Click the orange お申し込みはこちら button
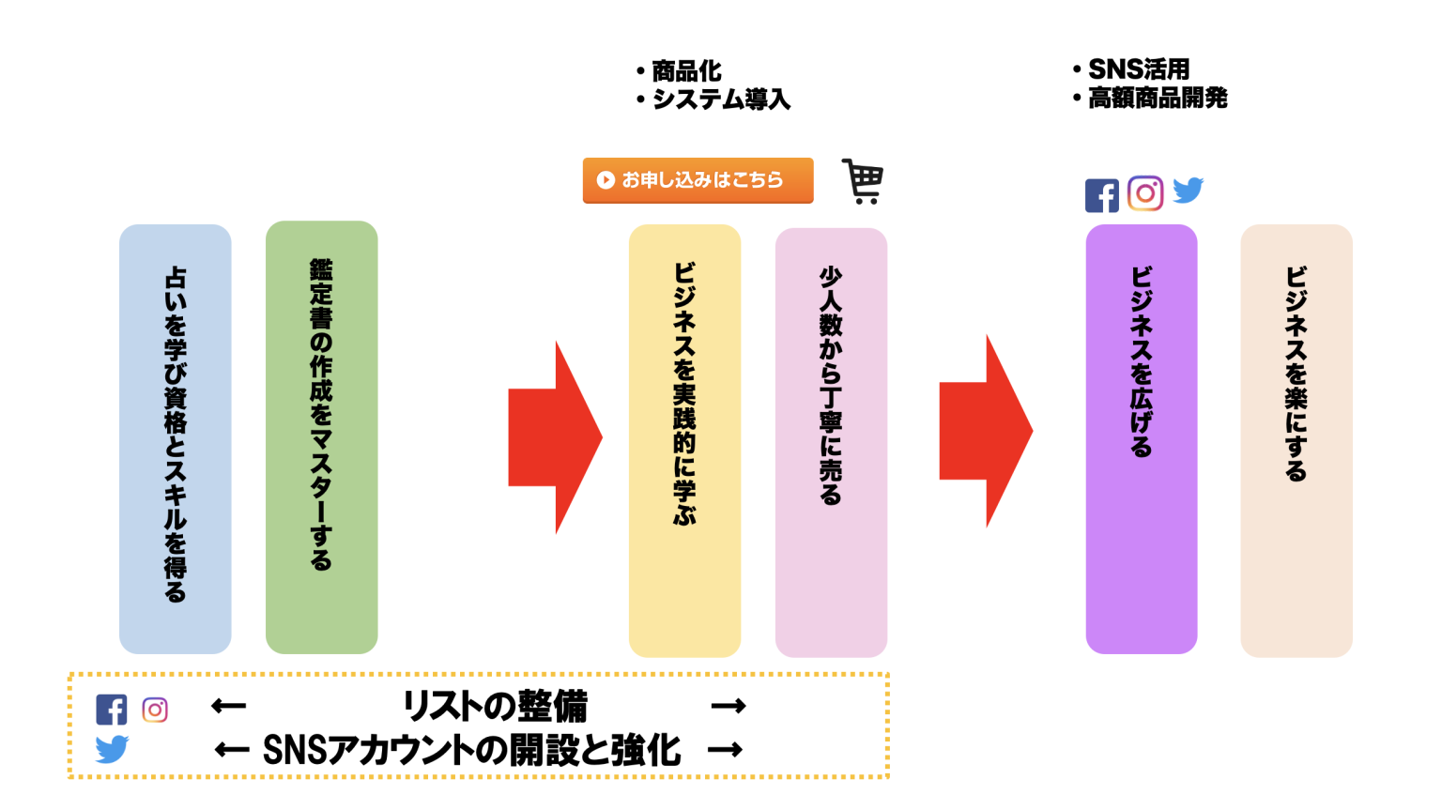coord(698,180)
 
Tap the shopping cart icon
coord(863,181)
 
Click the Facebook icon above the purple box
coord(1101,195)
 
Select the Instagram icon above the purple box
coord(1144,193)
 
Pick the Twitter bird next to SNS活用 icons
coord(1188,190)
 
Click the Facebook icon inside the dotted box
coord(111,710)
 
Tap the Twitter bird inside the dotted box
coord(112,749)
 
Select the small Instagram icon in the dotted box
coord(155,710)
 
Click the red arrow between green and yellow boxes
coord(554,437)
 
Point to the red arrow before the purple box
coord(985,432)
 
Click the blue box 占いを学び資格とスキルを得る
coord(175,438)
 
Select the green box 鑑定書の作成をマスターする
coord(321,437)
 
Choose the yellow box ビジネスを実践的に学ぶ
coord(684,441)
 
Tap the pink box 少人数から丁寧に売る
coord(831,442)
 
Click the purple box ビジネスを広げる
coord(1141,438)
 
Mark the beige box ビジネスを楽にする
coord(1296,440)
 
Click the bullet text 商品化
coord(686,71)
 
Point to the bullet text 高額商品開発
coord(1157,98)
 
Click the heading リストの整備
coord(495,706)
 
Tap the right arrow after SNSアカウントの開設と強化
coord(725,749)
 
